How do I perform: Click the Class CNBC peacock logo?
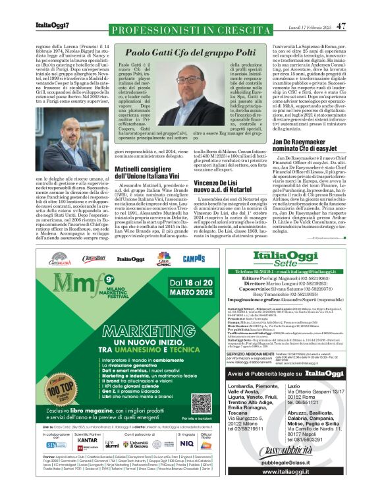coord(163,259)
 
